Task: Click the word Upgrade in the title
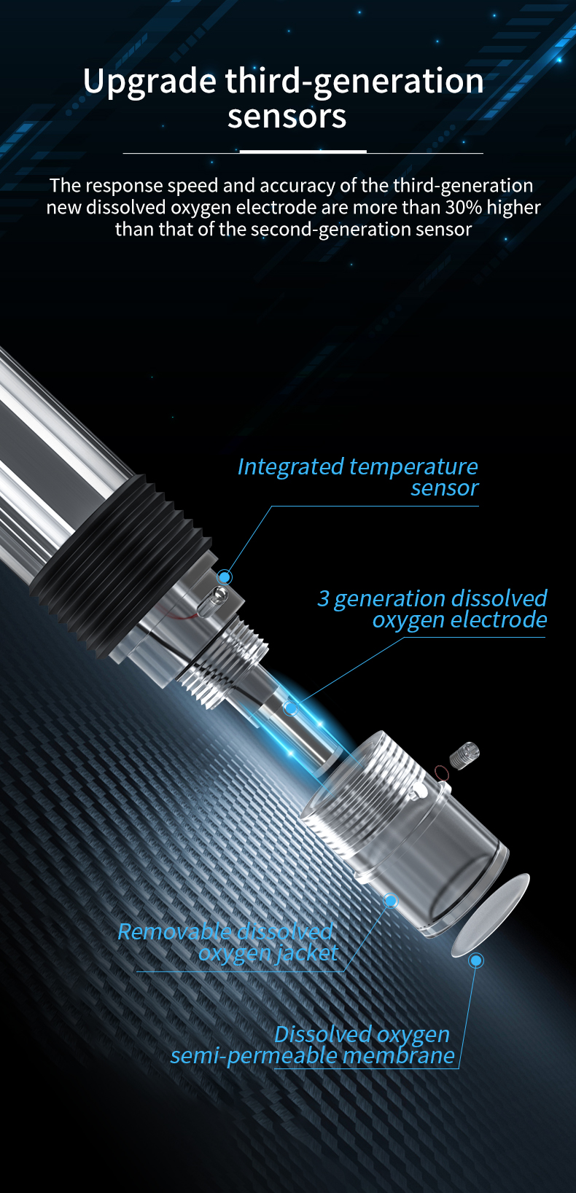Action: point(149,82)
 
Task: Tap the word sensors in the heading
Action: point(287,117)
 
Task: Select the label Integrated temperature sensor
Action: point(357,477)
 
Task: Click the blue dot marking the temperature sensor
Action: point(225,576)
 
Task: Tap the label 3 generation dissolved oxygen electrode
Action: point(432,609)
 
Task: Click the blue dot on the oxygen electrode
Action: point(290,708)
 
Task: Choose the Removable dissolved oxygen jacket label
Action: point(227,942)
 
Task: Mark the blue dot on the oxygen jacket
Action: point(391,901)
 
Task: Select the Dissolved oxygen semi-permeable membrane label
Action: point(312,1045)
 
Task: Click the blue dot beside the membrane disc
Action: point(476,961)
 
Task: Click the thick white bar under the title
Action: point(303,152)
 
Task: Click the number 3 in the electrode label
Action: point(323,598)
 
